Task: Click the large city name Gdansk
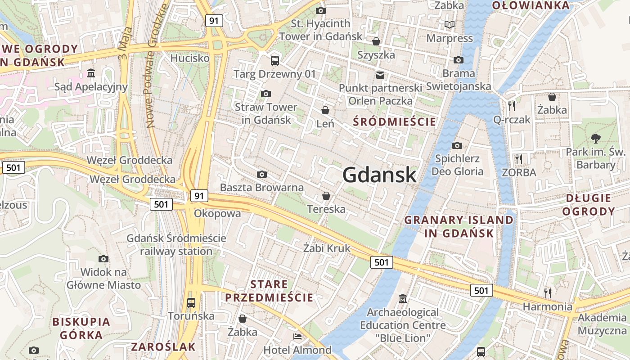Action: point(379,175)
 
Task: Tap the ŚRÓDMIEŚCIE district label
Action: point(394,121)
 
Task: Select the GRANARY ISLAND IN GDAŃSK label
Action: point(459,226)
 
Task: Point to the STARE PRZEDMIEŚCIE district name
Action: point(269,291)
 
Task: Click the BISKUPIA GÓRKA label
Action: point(81,328)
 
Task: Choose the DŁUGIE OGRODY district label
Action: point(589,205)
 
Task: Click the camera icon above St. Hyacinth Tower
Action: point(320,10)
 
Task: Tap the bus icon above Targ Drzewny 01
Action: point(274,60)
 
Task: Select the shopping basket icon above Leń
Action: point(325,110)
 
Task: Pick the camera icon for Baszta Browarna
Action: point(261,174)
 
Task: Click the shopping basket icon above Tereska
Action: point(326,196)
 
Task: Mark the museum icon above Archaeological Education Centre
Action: point(403,298)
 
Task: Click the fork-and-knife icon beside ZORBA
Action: point(519,159)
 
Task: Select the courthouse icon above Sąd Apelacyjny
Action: point(91,73)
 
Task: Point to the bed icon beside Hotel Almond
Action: point(297,336)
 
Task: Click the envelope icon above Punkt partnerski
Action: point(380,75)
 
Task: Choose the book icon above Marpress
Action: point(449,24)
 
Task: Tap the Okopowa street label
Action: point(217,213)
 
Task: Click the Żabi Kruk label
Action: point(326,248)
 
